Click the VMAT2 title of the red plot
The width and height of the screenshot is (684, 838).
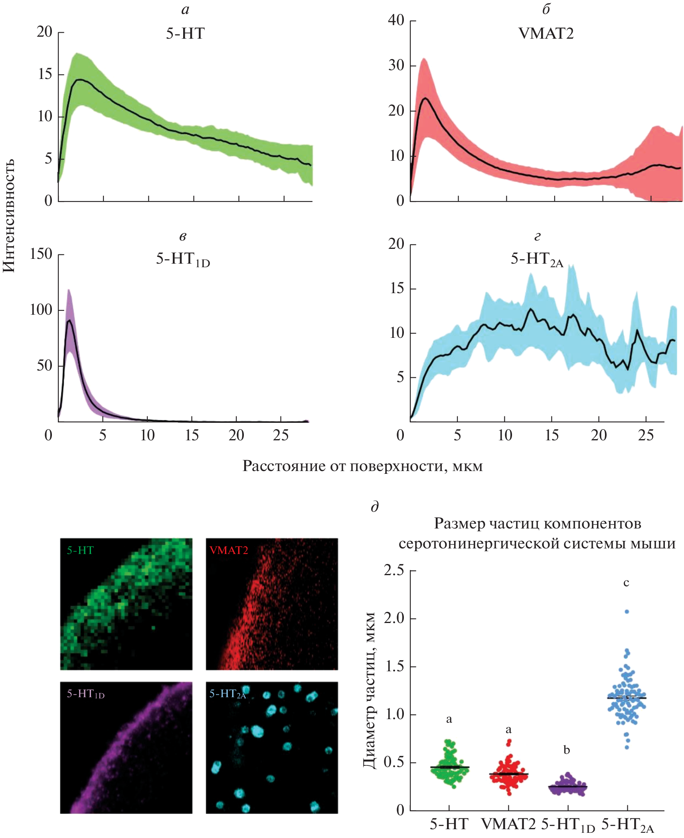(x=546, y=34)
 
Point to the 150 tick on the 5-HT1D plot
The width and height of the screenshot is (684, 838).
(x=41, y=254)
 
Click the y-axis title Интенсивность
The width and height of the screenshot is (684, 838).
(x=9, y=216)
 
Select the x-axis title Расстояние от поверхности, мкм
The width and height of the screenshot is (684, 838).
(x=362, y=466)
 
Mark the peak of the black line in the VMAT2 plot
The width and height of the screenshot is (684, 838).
(x=425, y=98)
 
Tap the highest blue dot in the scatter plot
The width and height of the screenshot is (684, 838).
(x=627, y=611)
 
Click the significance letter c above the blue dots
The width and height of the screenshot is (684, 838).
(x=626, y=583)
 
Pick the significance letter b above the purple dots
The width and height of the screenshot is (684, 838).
(x=567, y=750)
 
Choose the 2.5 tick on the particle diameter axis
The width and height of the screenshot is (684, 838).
(x=394, y=570)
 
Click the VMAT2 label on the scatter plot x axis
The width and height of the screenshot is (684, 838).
(x=508, y=824)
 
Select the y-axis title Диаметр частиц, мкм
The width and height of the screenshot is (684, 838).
(x=370, y=690)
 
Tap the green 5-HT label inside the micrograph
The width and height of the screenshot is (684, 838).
(x=80, y=550)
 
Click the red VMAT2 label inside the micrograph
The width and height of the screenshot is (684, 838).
(x=229, y=550)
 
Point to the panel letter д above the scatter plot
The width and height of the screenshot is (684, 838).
(x=374, y=507)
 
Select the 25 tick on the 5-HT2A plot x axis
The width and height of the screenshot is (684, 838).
(x=646, y=435)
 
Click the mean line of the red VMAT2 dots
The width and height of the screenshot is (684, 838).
(x=508, y=774)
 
